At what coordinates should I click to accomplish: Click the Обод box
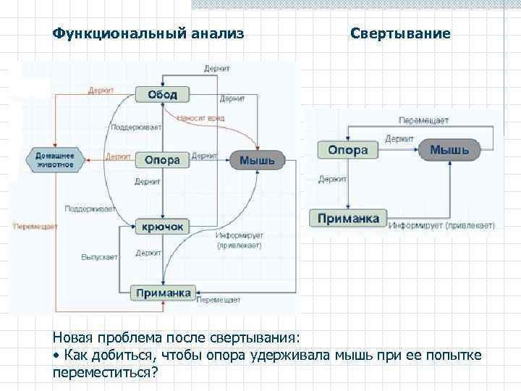pyautogui.click(x=162, y=95)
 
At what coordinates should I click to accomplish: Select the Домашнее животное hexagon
pyautogui.click(x=55, y=159)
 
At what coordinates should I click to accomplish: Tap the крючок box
pyautogui.click(x=162, y=227)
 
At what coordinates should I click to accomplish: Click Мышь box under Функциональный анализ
pyautogui.click(x=257, y=160)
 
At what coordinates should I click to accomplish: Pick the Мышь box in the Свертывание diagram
pyautogui.click(x=449, y=151)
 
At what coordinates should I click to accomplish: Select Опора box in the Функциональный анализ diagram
pyautogui.click(x=162, y=159)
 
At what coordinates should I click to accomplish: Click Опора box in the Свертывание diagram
pyautogui.click(x=347, y=151)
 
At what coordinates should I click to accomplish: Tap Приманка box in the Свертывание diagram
pyautogui.click(x=349, y=218)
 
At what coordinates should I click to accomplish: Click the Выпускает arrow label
pyautogui.click(x=98, y=256)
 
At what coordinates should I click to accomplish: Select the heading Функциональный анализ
pyautogui.click(x=148, y=33)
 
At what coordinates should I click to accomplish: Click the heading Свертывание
pyautogui.click(x=400, y=33)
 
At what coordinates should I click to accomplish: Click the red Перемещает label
pyautogui.click(x=34, y=226)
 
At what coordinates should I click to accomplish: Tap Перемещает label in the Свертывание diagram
pyautogui.click(x=423, y=119)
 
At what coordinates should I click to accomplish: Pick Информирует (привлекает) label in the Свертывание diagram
pyautogui.click(x=441, y=226)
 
